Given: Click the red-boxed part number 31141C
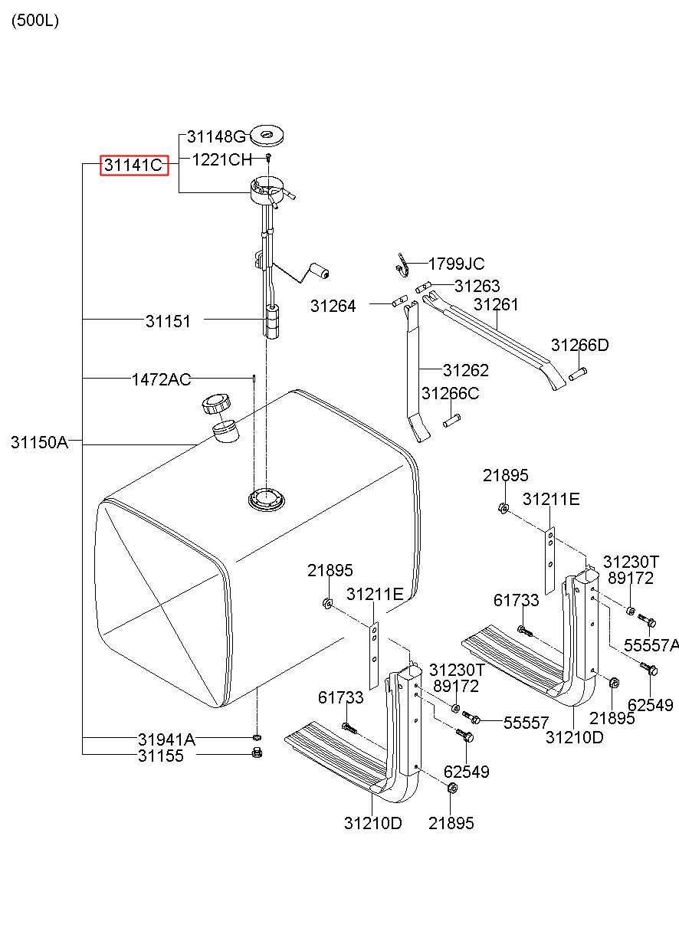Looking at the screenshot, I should pos(134,165).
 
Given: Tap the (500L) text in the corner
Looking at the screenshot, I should pos(34,21).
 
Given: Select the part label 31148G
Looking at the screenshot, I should pos(216,137).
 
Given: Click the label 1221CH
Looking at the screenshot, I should pos(221,159).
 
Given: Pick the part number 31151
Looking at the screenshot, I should pos(168,322).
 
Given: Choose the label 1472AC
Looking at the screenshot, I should pos(161,379).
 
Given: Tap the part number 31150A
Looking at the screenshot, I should pos(39,442).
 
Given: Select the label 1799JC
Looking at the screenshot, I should pos(456,264).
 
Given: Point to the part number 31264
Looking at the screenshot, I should pos(333,307).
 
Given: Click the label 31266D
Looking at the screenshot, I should pos(579,346).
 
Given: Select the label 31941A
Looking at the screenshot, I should pos(166,739).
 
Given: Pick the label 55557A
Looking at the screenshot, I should pos(651,645).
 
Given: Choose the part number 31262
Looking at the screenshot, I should pos(465,370).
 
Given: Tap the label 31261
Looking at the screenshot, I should pos(495,304).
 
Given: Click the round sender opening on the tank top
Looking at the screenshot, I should pos(267,500).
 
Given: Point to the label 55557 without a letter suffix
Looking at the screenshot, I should pos(526,722).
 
